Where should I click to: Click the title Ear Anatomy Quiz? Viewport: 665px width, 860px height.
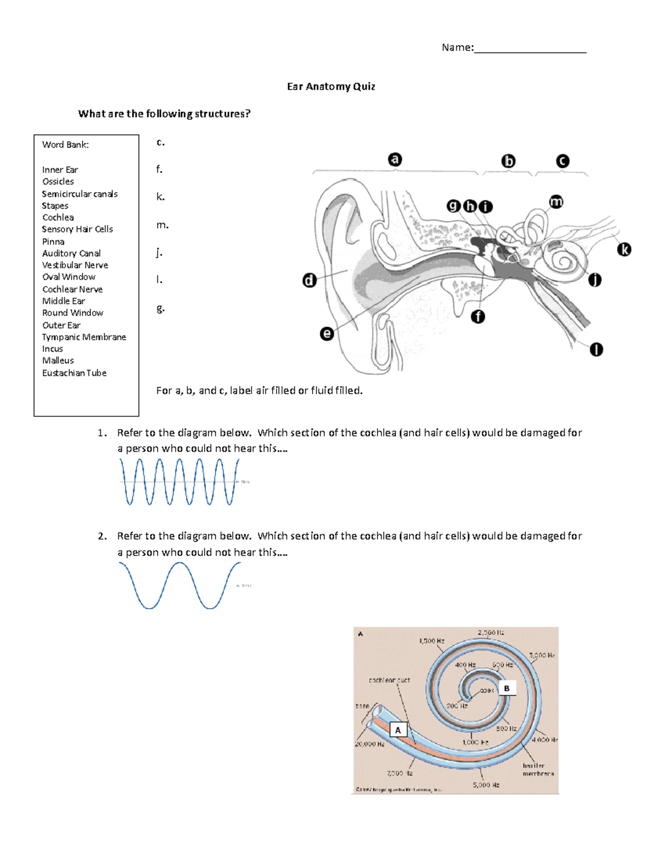pyautogui.click(x=331, y=86)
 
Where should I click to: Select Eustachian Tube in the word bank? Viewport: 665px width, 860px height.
pyautogui.click(x=74, y=373)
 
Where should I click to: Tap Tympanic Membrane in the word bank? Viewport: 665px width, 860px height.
pyautogui.click(x=84, y=337)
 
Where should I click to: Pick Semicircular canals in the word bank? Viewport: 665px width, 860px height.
pyautogui.click(x=80, y=194)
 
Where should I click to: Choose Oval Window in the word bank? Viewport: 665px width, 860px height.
pyautogui.click(x=69, y=277)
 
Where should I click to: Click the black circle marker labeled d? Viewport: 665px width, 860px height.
pyautogui.click(x=309, y=280)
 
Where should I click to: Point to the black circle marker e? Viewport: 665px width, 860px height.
pyautogui.click(x=327, y=333)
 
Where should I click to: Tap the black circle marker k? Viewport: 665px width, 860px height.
pyautogui.click(x=624, y=250)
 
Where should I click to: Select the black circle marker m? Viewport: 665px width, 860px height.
pyautogui.click(x=556, y=202)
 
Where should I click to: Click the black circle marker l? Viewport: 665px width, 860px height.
pyautogui.click(x=596, y=349)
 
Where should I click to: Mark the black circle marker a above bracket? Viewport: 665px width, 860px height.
pyautogui.click(x=395, y=159)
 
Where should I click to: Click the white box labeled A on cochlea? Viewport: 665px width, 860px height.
pyautogui.click(x=398, y=730)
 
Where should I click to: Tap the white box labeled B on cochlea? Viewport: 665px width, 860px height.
pyautogui.click(x=507, y=688)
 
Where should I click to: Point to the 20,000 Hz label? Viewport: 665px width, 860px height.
pyautogui.click(x=369, y=744)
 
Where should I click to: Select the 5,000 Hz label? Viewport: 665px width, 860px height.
pyautogui.click(x=486, y=785)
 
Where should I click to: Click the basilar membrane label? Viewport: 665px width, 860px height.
pyautogui.click(x=538, y=770)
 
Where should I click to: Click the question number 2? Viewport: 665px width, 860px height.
pyautogui.click(x=102, y=536)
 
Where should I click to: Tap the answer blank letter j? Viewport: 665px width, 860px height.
pyautogui.click(x=159, y=253)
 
